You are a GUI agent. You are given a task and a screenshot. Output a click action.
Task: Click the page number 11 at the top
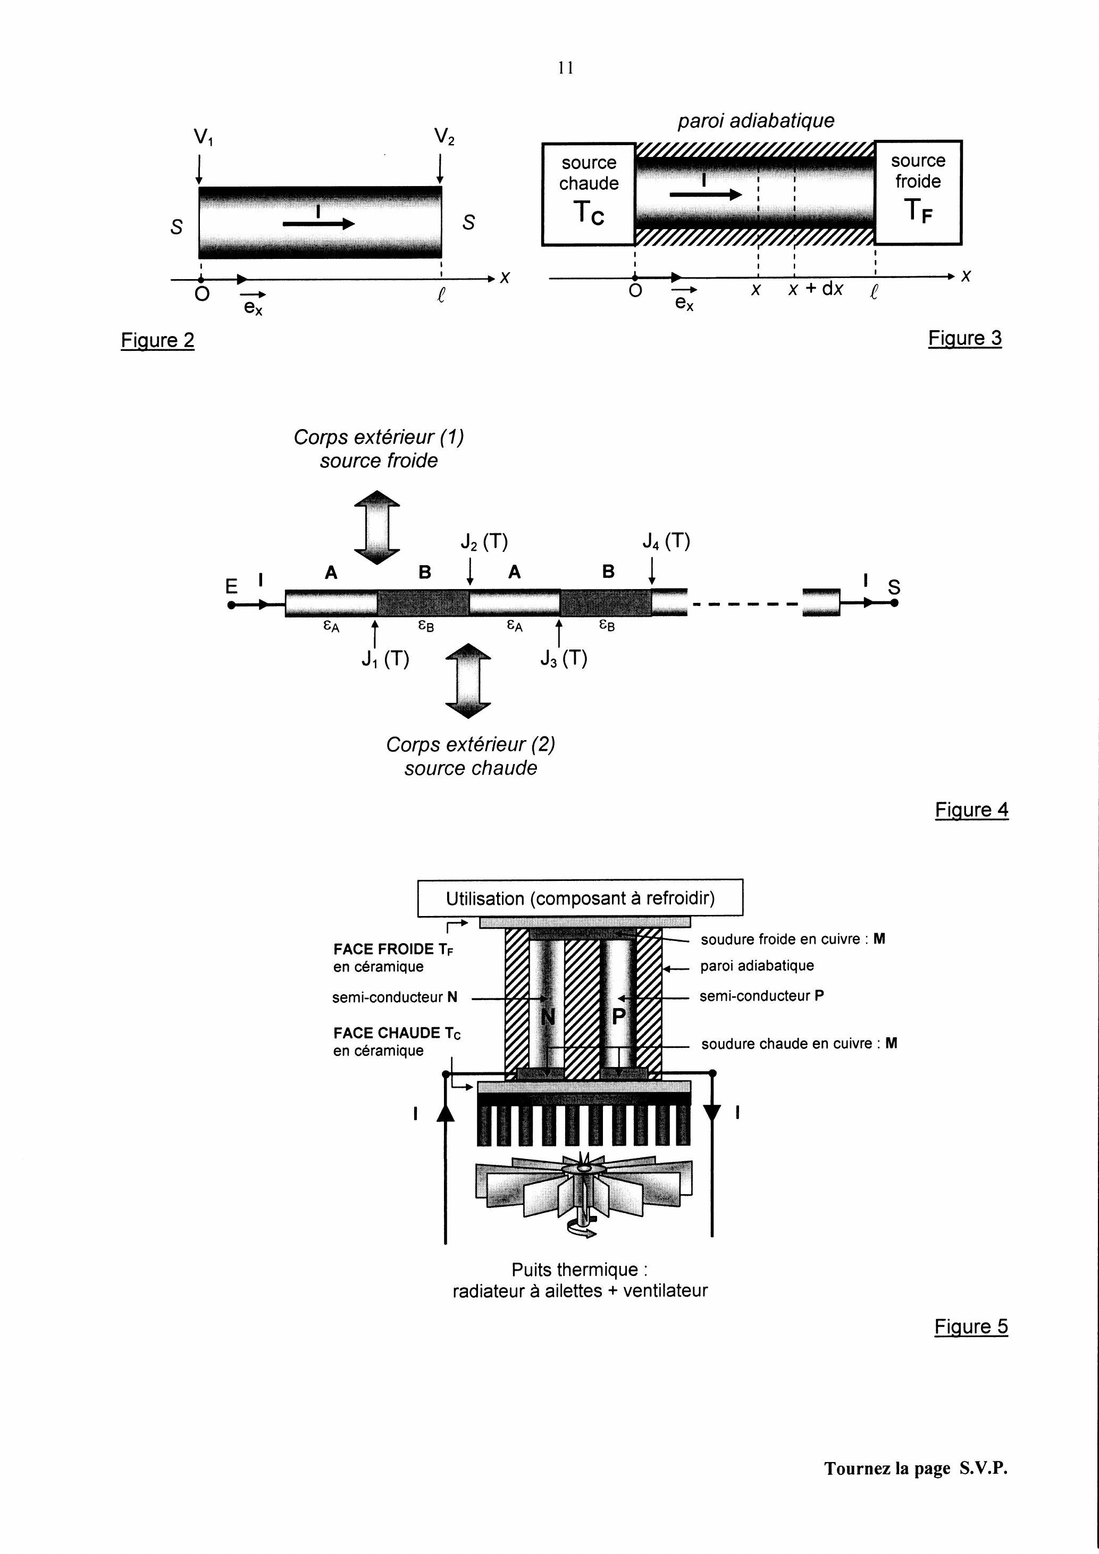point(566,68)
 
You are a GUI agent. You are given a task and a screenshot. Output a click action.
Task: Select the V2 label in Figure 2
point(444,137)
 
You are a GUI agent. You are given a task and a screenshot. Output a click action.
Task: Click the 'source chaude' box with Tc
point(588,194)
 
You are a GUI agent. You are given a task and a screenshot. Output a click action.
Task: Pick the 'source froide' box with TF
point(918,192)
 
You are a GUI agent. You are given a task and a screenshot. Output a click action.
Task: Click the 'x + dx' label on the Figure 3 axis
point(816,289)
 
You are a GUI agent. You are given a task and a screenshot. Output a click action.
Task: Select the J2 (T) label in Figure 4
point(484,541)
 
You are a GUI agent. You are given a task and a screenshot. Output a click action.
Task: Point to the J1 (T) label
point(385,659)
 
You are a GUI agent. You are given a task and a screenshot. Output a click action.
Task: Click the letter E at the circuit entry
point(231,585)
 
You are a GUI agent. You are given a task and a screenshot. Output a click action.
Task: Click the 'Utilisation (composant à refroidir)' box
point(580,898)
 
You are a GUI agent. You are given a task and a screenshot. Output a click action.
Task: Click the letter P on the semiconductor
point(618,1016)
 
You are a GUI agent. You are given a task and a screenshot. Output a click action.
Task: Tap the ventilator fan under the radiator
point(583,1192)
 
